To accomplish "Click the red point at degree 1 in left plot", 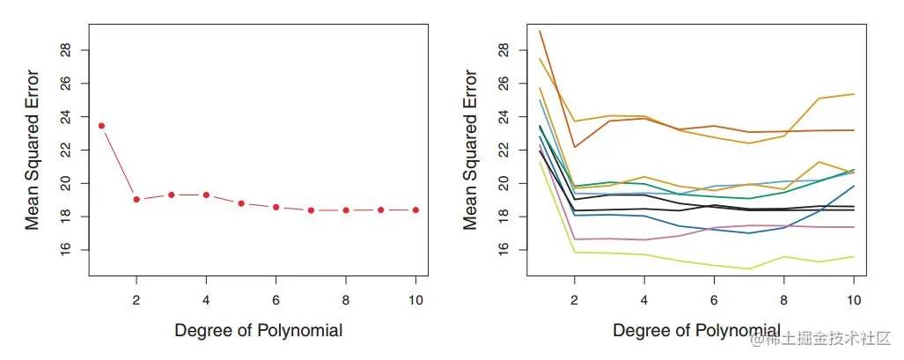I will [101, 126].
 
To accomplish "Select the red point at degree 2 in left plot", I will [136, 199].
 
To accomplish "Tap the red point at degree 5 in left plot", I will [241, 202].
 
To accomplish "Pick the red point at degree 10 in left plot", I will [415, 209].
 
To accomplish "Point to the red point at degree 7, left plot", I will [311, 209].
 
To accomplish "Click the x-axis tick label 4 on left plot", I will [206, 299].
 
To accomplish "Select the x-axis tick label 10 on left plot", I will [415, 299].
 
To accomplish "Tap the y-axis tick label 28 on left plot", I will [66, 49].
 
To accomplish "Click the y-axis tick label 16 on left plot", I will [66, 250].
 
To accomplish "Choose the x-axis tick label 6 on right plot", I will [715, 299].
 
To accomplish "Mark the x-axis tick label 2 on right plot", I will [575, 299].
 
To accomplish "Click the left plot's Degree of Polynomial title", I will [258, 331].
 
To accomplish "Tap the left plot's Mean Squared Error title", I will [33, 150].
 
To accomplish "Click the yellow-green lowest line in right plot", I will [680, 261].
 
